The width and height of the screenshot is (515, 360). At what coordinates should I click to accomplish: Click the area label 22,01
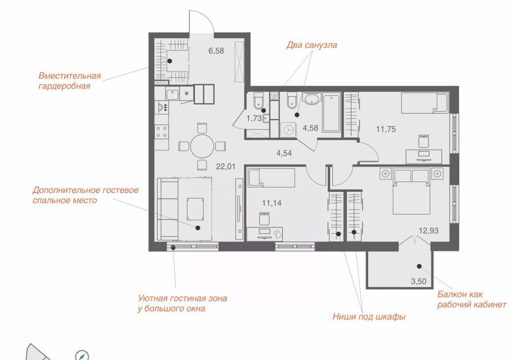(226, 167)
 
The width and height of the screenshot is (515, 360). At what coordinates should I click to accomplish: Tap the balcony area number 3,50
(419, 282)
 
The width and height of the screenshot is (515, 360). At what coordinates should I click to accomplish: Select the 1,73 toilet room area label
(254, 118)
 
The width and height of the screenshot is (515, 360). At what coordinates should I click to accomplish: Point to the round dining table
(202, 146)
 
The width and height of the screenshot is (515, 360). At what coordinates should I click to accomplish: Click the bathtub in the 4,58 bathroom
(331, 113)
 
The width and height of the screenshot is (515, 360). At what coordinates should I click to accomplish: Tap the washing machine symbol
(288, 130)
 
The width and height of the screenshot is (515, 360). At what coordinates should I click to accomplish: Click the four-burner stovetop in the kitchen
(161, 132)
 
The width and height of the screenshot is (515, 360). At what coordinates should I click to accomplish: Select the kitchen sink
(172, 94)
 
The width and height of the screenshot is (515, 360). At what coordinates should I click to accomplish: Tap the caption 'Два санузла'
(311, 45)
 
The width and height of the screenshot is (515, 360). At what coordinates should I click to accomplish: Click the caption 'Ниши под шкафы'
(369, 317)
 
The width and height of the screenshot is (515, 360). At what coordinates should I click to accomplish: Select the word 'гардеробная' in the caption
(64, 86)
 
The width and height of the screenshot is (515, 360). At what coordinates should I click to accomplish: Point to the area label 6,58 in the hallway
(216, 51)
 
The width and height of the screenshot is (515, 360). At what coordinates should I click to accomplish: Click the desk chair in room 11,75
(424, 141)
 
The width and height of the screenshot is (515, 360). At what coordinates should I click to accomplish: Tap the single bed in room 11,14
(272, 177)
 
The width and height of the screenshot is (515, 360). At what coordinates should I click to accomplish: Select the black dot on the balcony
(419, 266)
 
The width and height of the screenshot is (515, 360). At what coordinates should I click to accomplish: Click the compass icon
(82, 355)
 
